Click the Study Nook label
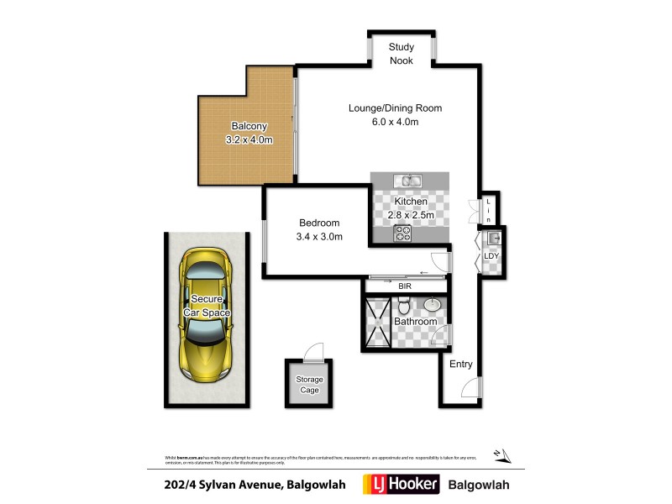tap(402, 54)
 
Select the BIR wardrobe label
tap(406, 286)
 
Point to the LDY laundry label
tap(491, 255)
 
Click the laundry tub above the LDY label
tap(494, 239)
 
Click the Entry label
tap(460, 364)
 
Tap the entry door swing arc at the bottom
tap(472, 388)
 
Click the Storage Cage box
tap(308, 385)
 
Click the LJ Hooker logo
tap(398, 485)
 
